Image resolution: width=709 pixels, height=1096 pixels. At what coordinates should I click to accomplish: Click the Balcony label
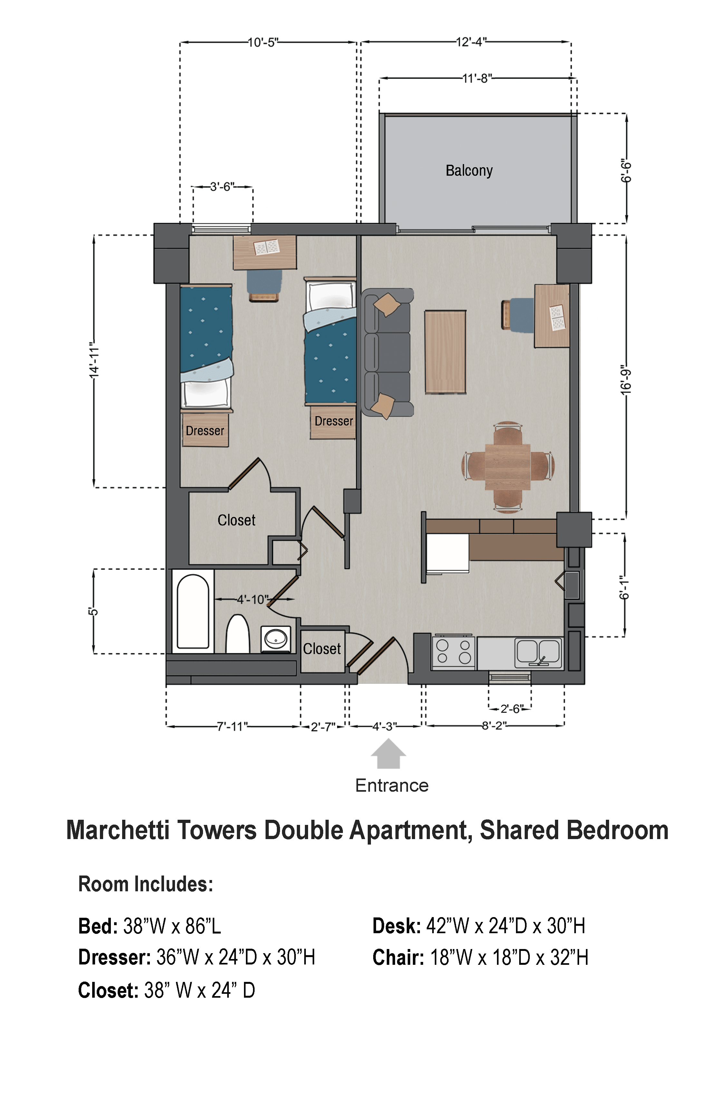pos(469,171)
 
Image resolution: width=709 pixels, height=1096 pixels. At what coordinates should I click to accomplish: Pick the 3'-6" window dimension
pos(222,187)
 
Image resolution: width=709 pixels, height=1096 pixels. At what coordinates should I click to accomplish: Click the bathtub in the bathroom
pos(193,611)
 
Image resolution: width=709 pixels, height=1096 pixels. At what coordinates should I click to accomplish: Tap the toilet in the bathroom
pos(238,634)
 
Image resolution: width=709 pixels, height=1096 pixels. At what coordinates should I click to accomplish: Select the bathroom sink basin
pos(276,639)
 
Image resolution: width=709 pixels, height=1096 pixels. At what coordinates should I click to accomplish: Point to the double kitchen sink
pos(538,652)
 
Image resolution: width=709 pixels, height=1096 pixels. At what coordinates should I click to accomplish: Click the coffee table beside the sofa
pos(445,352)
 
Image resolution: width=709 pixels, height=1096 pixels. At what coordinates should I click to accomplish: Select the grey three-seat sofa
pos(387,352)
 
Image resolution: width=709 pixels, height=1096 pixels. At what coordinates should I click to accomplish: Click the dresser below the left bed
pos(205,430)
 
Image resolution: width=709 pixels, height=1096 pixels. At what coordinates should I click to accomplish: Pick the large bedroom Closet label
pos(236,520)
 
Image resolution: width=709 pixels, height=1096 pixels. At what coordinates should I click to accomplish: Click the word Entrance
pos(392,785)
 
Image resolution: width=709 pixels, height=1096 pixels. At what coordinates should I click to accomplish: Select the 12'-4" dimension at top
pos(471,42)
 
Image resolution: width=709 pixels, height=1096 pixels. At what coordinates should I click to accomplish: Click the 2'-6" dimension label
pos(511,709)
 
